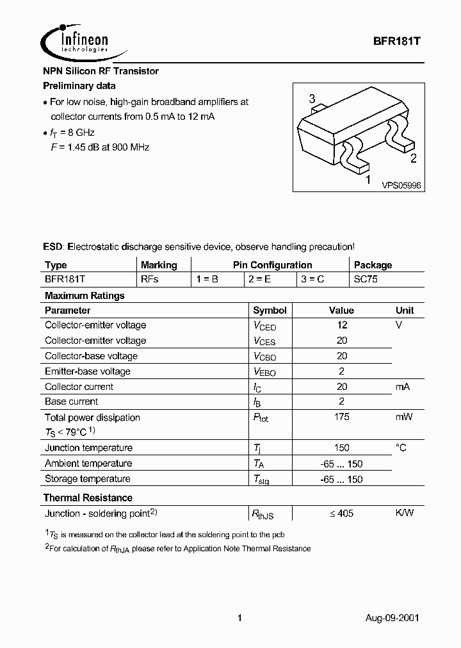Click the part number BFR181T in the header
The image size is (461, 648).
(396, 38)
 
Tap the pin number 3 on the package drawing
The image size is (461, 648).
(312, 99)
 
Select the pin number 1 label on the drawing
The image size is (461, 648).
(367, 181)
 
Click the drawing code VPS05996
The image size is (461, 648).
(401, 185)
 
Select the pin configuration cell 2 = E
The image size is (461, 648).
(260, 280)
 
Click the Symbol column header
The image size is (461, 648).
(270, 310)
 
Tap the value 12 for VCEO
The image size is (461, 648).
(341, 325)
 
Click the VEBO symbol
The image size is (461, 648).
(264, 371)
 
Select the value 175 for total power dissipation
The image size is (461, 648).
(341, 417)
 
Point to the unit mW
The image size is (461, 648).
(404, 417)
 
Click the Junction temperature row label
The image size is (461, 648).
(88, 448)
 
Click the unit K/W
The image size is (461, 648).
(404, 513)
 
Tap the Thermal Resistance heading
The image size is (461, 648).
(88, 498)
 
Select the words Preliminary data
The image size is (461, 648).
(79, 85)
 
